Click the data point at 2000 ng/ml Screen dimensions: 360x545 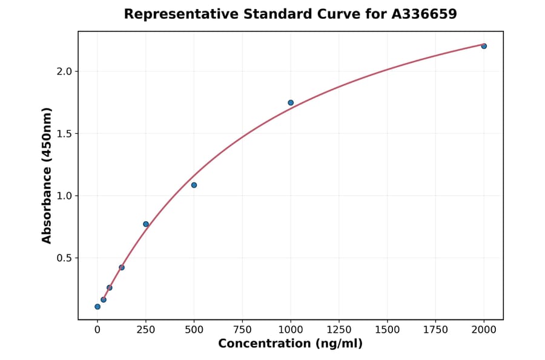(484, 46)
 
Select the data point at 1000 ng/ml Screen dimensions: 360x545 (291, 102)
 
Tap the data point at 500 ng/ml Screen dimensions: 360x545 (194, 185)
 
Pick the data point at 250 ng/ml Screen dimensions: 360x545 (146, 224)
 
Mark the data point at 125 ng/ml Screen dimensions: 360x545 (122, 267)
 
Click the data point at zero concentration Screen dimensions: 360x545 (97, 307)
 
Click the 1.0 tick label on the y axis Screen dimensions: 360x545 (64, 196)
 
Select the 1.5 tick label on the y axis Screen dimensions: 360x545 (64, 133)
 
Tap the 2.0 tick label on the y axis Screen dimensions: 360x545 (64, 72)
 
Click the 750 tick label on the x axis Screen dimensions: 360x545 (242, 330)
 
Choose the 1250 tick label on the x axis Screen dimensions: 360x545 (339, 330)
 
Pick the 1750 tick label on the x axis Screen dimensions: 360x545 (436, 330)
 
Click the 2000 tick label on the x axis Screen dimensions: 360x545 (484, 330)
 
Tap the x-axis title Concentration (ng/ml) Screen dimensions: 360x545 (290, 344)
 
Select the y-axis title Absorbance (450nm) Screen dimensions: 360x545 (47, 175)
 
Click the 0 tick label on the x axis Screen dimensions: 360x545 (97, 330)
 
